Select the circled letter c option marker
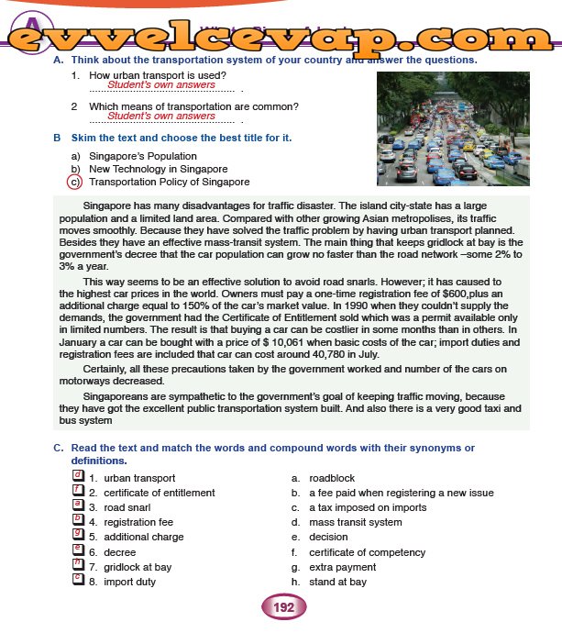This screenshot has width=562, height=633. pyautogui.click(x=75, y=182)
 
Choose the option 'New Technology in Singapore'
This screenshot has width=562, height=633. pyautogui.click(x=158, y=169)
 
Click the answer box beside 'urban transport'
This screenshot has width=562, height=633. pyautogui.click(x=78, y=477)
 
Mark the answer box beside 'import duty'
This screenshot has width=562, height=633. pyautogui.click(x=78, y=581)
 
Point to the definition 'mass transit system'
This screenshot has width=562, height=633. pyautogui.click(x=355, y=522)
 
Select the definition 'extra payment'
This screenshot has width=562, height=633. pyautogui.click(x=343, y=567)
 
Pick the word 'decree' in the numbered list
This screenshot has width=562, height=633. pyautogui.click(x=119, y=552)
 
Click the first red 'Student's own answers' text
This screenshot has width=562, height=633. pyautogui.click(x=161, y=84)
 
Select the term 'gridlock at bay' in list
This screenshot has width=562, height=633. pyautogui.click(x=137, y=567)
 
